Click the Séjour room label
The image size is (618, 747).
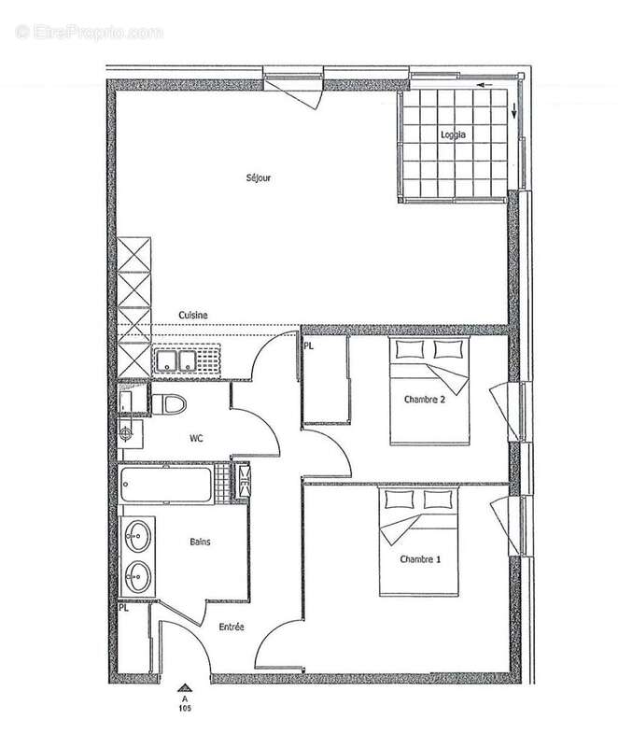point(260,177)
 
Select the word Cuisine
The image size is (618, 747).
point(193,316)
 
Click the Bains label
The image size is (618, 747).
point(200,541)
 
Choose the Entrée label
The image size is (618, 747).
point(231,627)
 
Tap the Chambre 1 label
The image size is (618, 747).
point(419,559)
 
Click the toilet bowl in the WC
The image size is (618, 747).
point(170,403)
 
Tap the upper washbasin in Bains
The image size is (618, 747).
point(139,536)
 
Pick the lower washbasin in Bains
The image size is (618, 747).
point(139,576)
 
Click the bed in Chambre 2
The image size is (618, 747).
point(428,390)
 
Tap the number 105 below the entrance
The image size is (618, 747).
point(186,706)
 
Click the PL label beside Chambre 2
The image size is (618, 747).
point(308,346)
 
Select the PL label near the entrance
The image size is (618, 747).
point(123,608)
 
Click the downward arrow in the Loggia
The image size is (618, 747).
point(514,115)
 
